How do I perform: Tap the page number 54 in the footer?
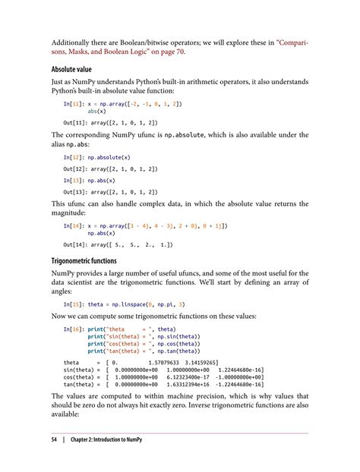click(55, 440)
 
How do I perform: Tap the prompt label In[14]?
click(76, 225)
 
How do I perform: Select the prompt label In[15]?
click(76, 303)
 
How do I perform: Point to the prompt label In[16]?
click(76, 329)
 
